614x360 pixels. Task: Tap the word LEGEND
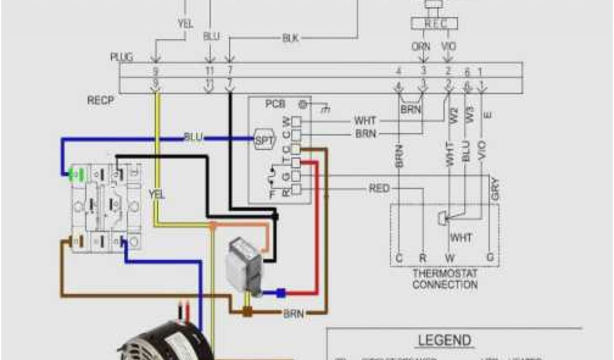453,340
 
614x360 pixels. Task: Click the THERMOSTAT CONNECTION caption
445,278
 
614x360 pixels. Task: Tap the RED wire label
379,189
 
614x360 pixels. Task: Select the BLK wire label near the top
290,38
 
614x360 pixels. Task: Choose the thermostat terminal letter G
490,259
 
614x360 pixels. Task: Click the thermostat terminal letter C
399,259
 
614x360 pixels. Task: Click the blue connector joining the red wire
281,293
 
